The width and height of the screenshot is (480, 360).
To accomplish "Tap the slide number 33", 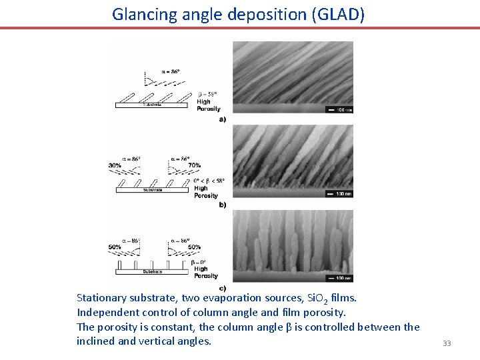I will coord(447,343).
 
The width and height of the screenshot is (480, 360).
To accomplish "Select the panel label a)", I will coord(222,119).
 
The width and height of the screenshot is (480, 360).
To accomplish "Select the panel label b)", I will coord(222,205).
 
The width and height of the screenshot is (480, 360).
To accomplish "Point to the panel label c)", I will coord(222,287).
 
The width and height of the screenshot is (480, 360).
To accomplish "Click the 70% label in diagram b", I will coord(195,165).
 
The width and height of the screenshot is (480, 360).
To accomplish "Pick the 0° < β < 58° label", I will coord(209,181).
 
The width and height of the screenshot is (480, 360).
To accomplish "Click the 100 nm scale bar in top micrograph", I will coord(339,109).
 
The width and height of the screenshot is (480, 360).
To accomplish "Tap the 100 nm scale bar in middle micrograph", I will coord(339,194).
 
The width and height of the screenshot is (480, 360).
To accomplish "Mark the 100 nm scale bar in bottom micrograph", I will coord(339,277).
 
